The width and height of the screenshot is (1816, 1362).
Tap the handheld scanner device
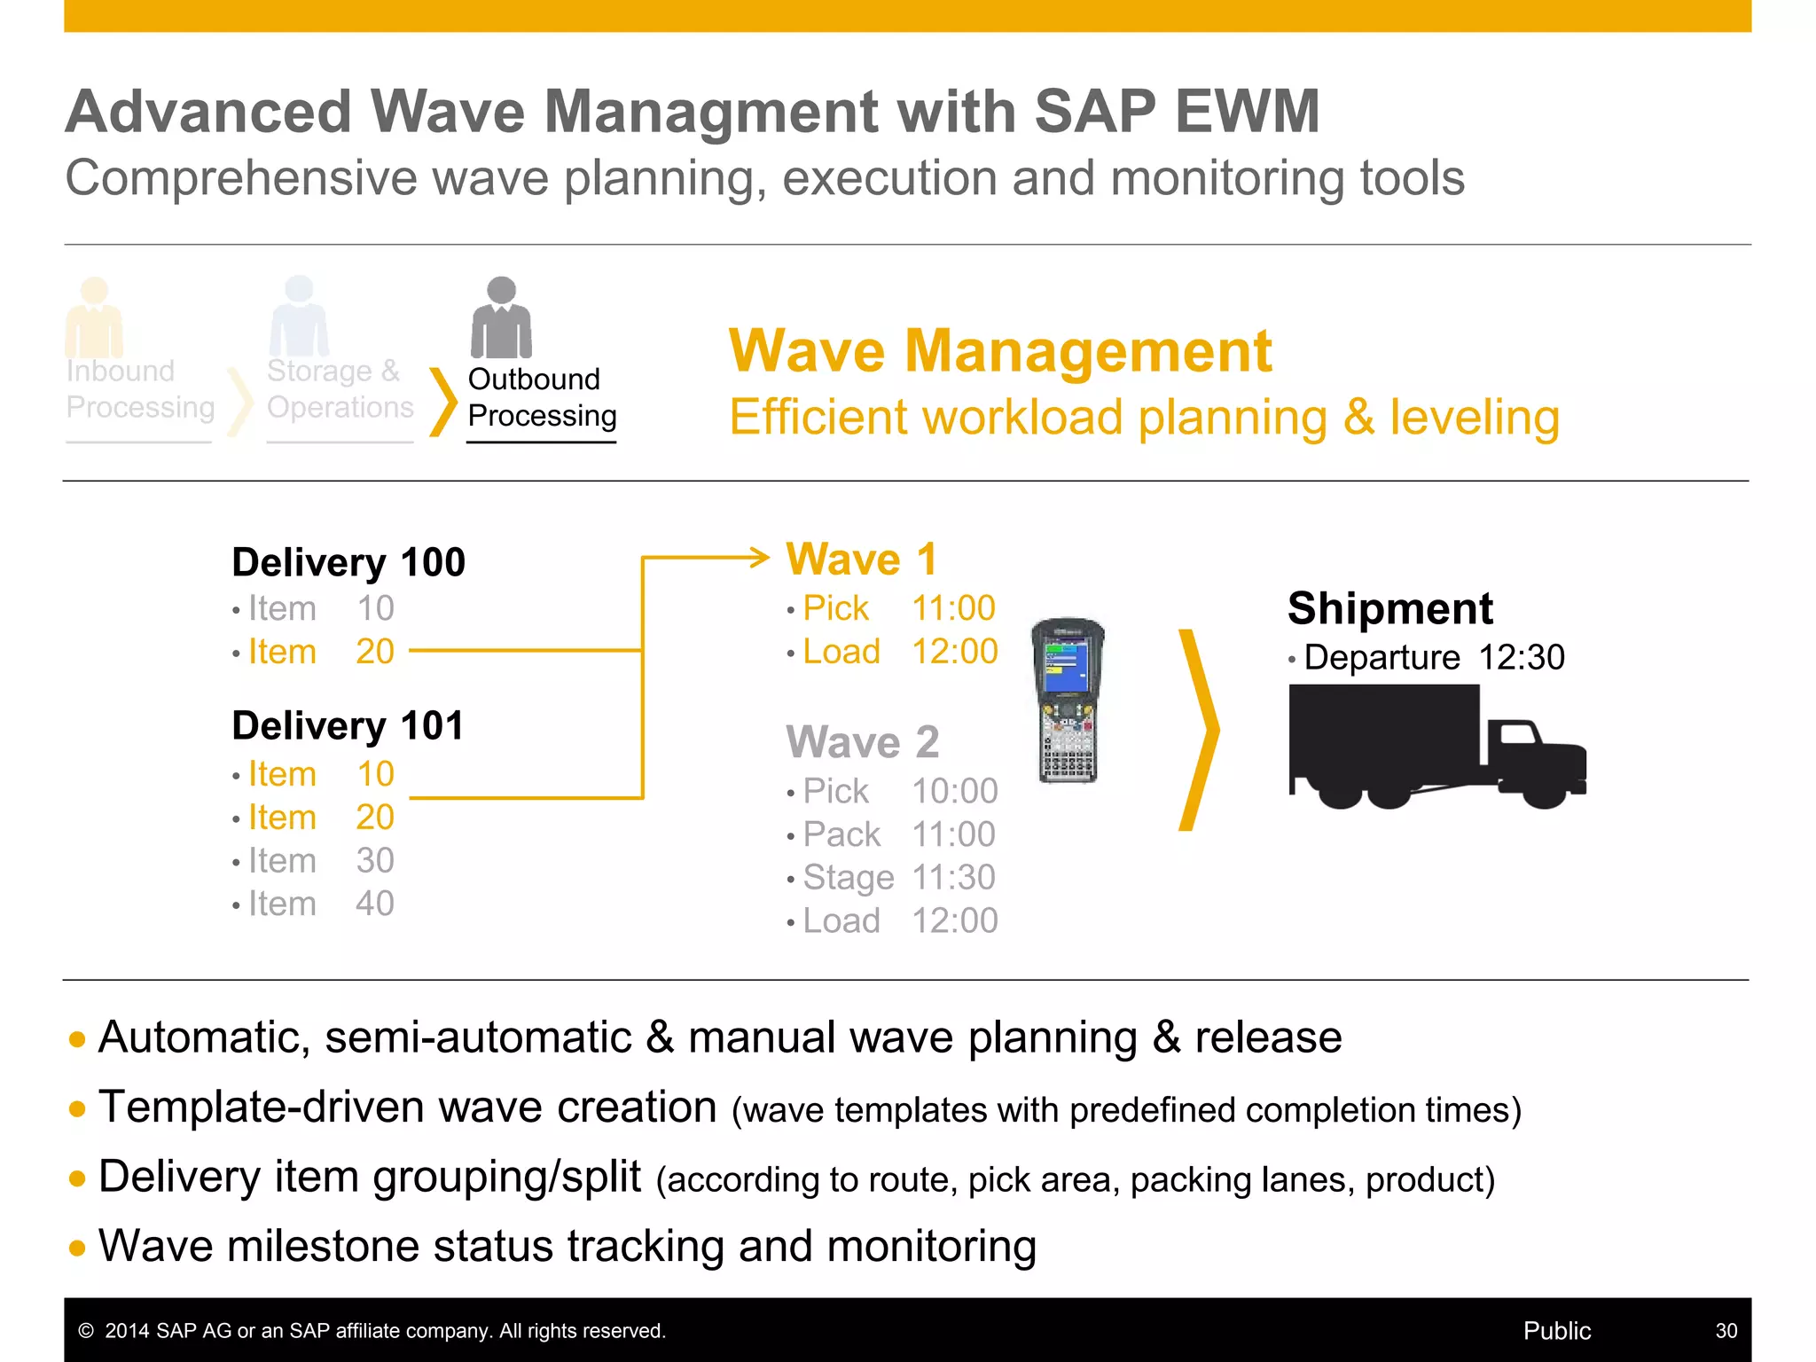(x=1069, y=701)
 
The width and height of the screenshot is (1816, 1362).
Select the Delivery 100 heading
(x=348, y=562)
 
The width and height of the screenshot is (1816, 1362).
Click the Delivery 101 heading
(x=348, y=725)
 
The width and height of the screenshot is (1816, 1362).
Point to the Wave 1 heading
(x=861, y=560)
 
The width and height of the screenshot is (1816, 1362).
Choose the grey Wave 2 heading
(x=862, y=741)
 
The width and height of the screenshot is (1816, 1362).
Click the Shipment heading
(x=1389, y=608)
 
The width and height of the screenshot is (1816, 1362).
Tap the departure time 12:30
(x=1521, y=658)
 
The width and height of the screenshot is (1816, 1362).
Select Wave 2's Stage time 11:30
(x=954, y=878)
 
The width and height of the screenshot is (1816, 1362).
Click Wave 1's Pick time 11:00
(x=953, y=608)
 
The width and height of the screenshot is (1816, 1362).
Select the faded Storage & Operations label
(x=340, y=388)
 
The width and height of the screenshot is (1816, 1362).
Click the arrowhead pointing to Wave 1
(x=759, y=558)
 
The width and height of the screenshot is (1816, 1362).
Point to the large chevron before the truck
(x=1199, y=730)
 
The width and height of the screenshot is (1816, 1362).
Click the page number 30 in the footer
(x=1726, y=1330)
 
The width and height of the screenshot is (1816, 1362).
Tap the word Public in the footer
(x=1556, y=1330)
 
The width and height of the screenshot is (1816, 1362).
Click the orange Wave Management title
(x=999, y=351)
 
